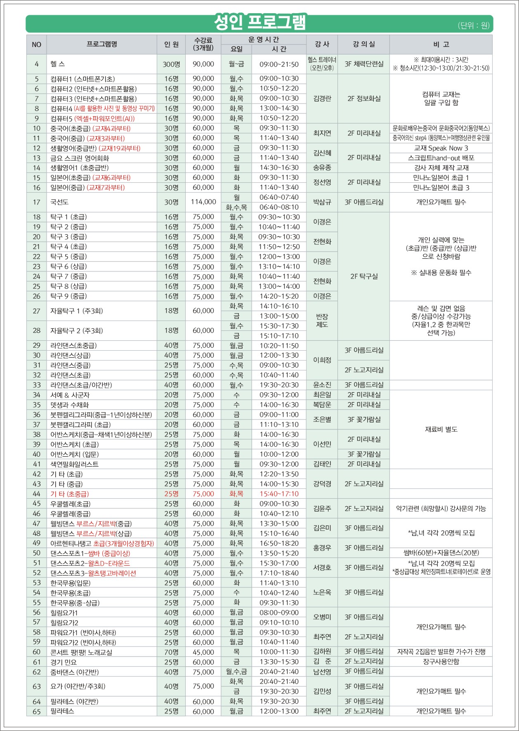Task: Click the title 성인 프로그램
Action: [259, 22]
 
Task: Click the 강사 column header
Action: [322, 44]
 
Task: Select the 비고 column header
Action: [441, 44]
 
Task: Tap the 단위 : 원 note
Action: [473, 26]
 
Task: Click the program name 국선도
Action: [59, 202]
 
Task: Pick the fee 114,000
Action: [203, 202]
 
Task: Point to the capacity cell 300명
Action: [171, 64]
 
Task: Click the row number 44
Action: [37, 494]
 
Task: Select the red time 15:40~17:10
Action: [279, 494]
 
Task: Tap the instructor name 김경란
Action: [322, 99]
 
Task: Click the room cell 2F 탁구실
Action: [363, 276]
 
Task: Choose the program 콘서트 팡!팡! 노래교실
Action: [81, 652]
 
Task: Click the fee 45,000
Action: [203, 652]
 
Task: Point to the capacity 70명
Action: [171, 652]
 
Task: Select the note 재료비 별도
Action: [441, 429]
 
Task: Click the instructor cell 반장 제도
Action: [322, 321]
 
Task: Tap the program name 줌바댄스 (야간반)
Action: [74, 672]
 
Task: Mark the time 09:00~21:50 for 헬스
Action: [279, 64]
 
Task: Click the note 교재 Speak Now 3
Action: [441, 148]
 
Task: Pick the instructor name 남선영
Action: [322, 672]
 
